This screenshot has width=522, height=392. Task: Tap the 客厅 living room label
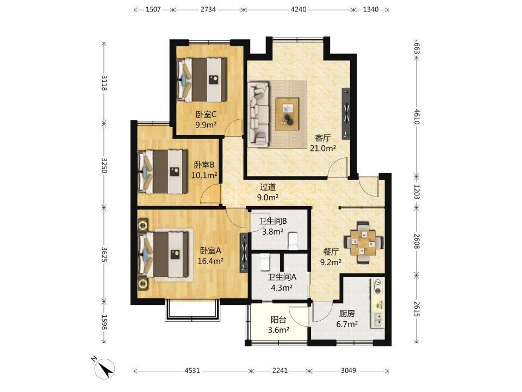tap(322, 138)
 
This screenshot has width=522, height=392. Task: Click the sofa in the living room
tap(258, 114)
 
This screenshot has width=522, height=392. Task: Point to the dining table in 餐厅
tap(363, 242)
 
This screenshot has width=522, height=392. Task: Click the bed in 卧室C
tap(201, 80)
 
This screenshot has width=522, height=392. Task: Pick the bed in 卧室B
tap(163, 171)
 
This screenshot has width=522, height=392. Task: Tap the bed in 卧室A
tap(163, 254)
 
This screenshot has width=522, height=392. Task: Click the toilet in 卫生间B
tap(293, 241)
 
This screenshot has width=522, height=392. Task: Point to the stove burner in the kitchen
tap(378, 287)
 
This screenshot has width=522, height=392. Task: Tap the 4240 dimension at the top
tap(299, 9)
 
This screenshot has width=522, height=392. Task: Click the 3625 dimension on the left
tap(104, 254)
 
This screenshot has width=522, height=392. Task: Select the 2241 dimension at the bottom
tap(280, 370)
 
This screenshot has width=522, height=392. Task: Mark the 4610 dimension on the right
tap(417, 116)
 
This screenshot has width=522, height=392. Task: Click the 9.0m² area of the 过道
tap(268, 197)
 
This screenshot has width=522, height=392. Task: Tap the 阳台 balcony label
tap(278, 320)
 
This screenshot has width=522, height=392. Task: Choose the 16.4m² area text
tap(210, 261)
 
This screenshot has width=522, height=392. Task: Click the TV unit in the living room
tap(346, 114)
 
